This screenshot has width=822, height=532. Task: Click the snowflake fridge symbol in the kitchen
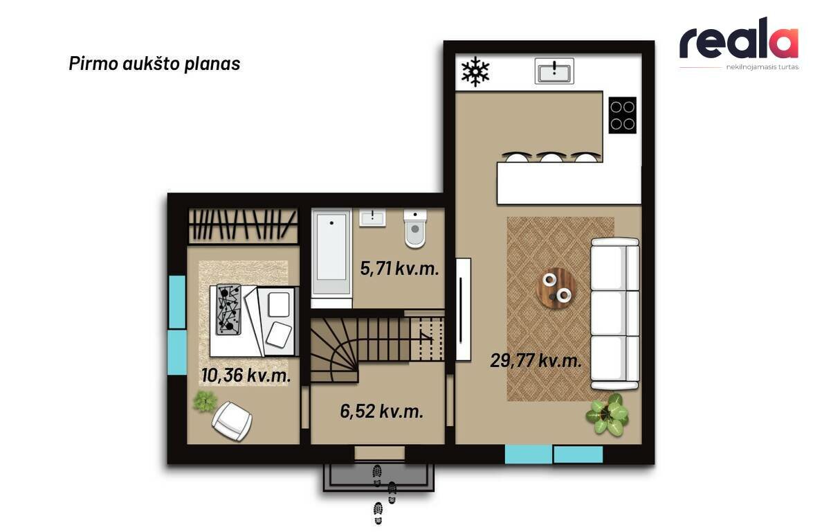pos(475,72)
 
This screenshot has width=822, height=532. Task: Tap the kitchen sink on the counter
pos(554,71)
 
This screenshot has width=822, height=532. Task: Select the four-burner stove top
pos(622,115)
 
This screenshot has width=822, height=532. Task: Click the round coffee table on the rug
pos(556,288)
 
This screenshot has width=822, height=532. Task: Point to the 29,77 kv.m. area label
pos(536,361)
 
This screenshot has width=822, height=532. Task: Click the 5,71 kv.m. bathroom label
pos(399,269)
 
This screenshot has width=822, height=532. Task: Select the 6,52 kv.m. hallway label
pos(382,411)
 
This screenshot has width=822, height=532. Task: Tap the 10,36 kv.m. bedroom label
pos(246,375)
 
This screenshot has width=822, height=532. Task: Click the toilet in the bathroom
pos(415,228)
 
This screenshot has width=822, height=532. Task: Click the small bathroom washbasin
pos(372,218)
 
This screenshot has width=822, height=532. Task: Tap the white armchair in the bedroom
pos(232,420)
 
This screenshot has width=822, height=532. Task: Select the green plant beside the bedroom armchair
pos(204,401)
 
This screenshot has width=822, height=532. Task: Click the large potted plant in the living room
pos(608,414)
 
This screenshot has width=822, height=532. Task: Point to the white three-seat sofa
pos(615,313)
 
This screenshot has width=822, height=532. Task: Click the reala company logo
pos(739,43)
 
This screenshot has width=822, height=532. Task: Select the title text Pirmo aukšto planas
pos(155,64)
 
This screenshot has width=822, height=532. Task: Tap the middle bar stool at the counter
pos(550,157)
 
